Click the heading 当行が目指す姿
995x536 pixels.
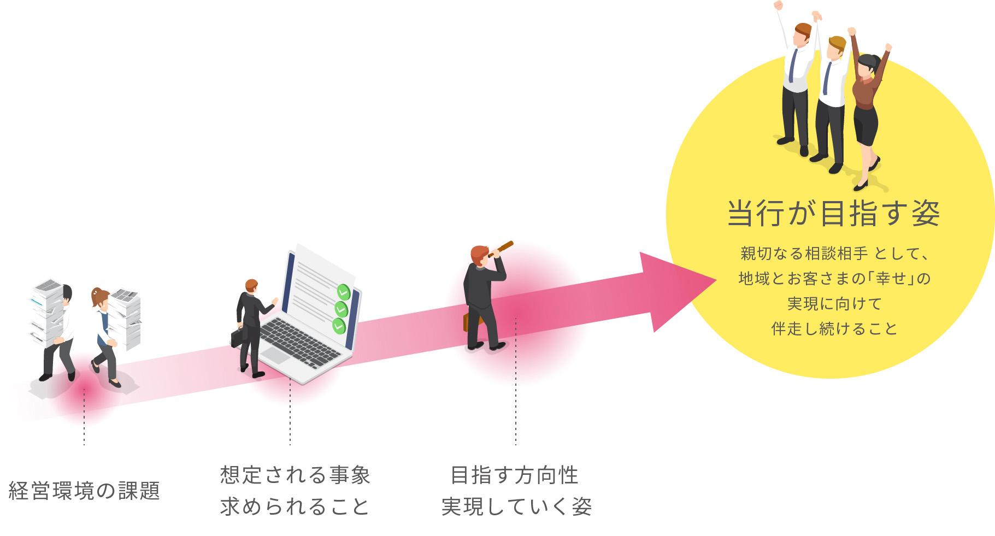833,213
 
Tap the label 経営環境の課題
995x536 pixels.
84,491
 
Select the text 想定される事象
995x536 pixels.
295,475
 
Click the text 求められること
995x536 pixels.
295,506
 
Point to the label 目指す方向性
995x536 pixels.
514,475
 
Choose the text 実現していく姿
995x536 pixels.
516,506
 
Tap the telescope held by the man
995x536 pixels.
501,249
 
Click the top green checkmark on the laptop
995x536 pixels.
343,292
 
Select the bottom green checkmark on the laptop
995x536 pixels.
339,326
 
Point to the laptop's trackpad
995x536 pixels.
274,355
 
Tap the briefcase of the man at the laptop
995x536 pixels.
238,337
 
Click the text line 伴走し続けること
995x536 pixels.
834,329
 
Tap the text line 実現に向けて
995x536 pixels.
834,304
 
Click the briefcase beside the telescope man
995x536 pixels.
467,323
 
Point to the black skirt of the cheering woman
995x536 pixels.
866,126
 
